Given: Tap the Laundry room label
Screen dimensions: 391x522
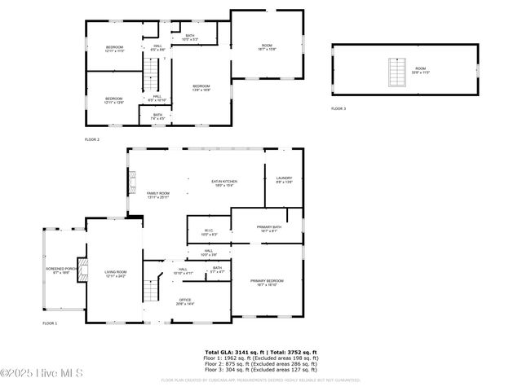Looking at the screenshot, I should (284, 179).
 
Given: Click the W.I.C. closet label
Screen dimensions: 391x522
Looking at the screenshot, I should (209, 232).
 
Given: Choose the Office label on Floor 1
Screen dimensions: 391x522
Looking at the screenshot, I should (185, 301).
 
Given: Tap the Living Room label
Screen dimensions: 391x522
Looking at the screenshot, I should (115, 273).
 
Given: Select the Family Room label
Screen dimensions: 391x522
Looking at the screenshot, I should (157, 194).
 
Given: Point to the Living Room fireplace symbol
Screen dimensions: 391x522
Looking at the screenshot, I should (82, 273).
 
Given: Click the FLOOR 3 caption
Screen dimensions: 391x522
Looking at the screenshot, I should (338, 108).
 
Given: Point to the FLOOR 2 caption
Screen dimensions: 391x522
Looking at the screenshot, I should (92, 139).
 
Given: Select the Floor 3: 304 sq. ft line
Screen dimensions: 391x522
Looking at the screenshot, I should (261, 370).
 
